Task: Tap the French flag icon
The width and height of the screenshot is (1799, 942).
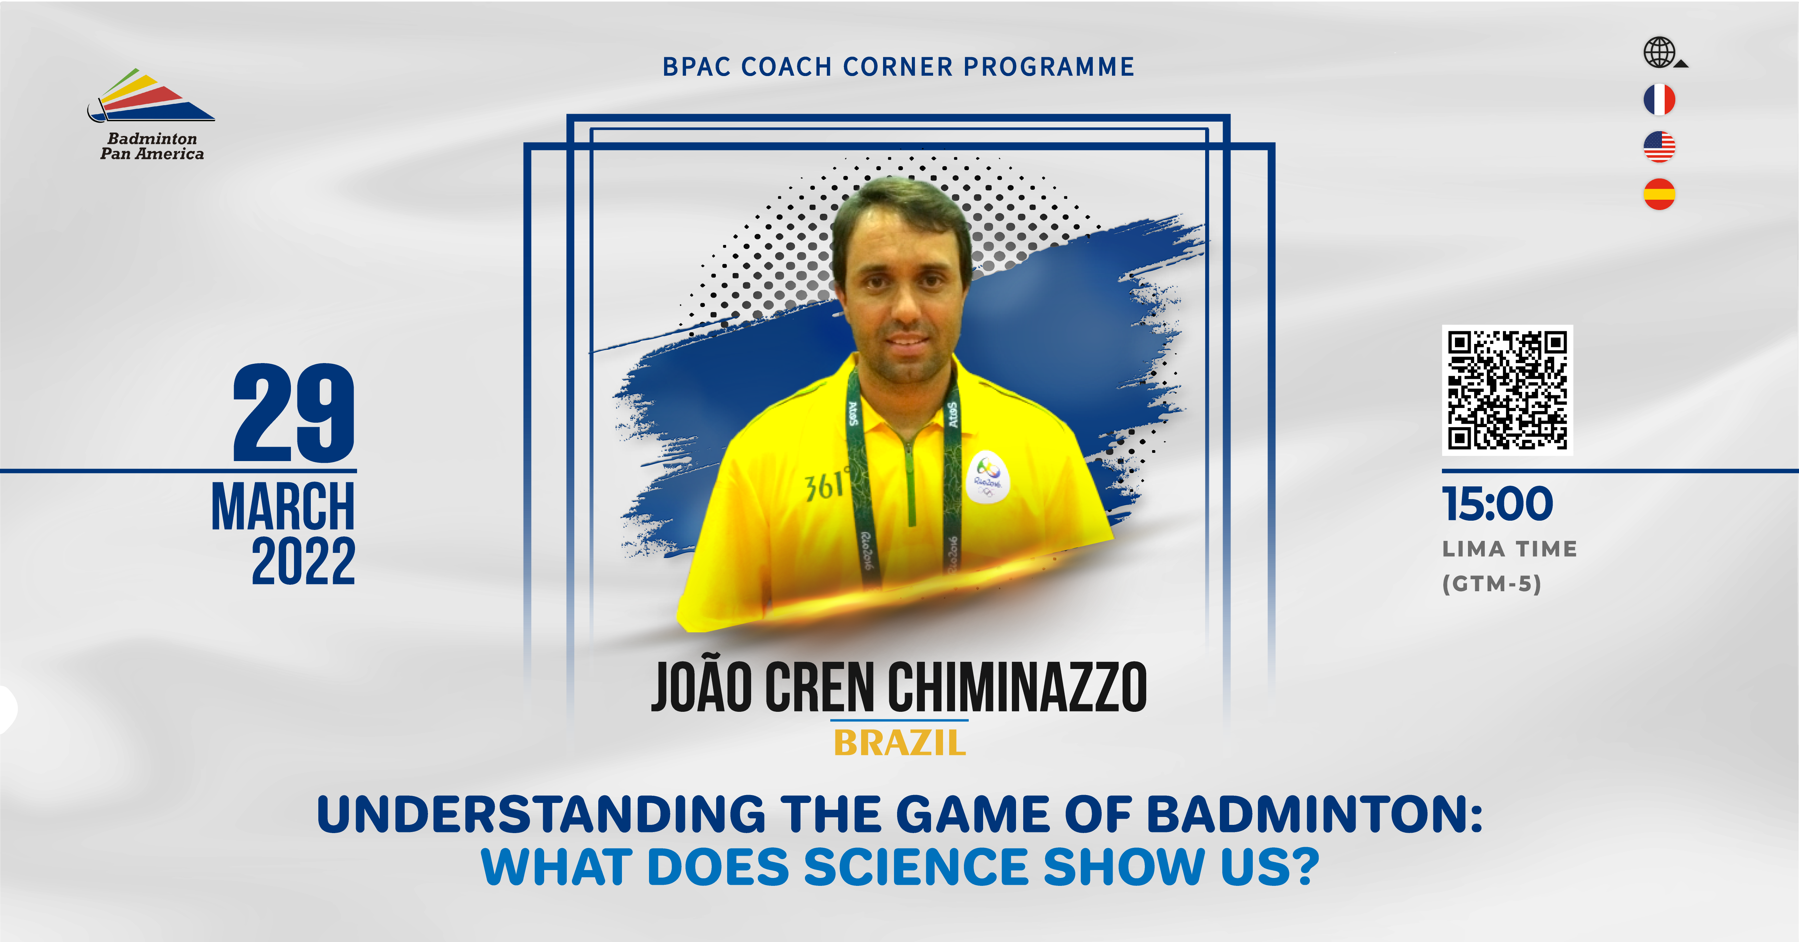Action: tap(1659, 99)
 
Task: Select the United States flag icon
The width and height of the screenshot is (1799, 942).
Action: tap(1659, 147)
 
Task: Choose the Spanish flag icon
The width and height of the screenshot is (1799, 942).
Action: tap(1659, 194)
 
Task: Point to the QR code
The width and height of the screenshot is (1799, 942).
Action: tap(1507, 390)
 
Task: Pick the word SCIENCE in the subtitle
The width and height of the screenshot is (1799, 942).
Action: tap(916, 867)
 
